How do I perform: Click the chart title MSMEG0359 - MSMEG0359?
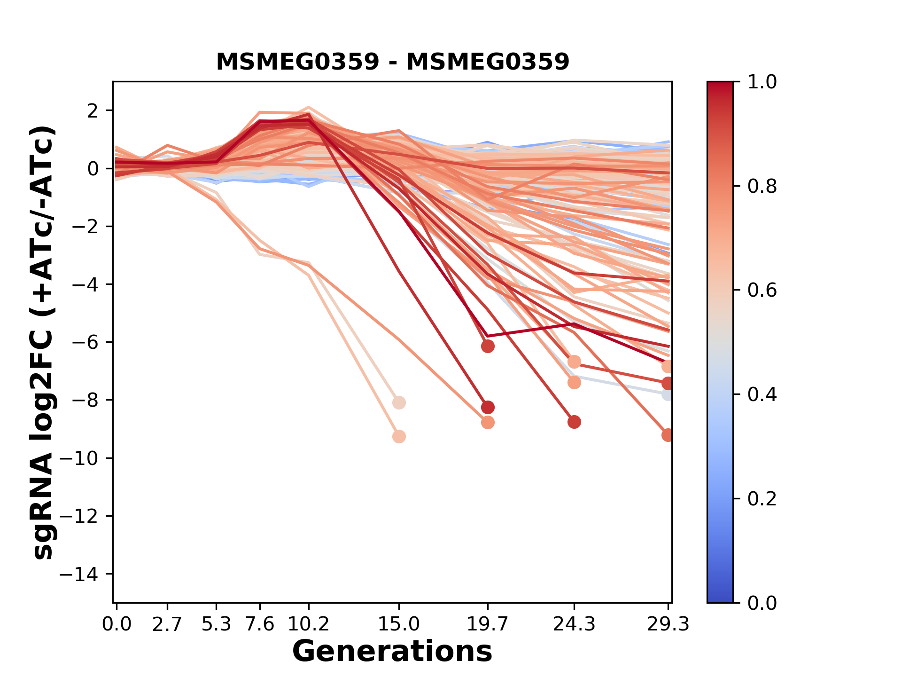click(x=392, y=62)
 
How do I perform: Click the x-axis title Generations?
click(x=392, y=652)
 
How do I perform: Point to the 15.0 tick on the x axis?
click(x=399, y=624)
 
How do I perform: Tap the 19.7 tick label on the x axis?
click(x=488, y=624)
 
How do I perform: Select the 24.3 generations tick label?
click(x=574, y=624)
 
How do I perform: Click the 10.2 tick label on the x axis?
click(x=308, y=624)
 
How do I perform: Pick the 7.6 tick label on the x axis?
click(x=260, y=624)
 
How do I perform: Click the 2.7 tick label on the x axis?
click(x=167, y=624)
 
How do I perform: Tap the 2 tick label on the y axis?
click(x=93, y=111)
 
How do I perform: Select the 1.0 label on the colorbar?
click(x=762, y=82)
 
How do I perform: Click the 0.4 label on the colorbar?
click(x=762, y=394)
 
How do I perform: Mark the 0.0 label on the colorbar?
click(x=762, y=603)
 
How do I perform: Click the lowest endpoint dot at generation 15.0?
click(x=399, y=437)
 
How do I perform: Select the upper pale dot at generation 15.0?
click(x=399, y=403)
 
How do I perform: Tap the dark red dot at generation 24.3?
click(x=574, y=422)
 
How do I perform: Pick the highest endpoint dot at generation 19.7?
click(x=488, y=346)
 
